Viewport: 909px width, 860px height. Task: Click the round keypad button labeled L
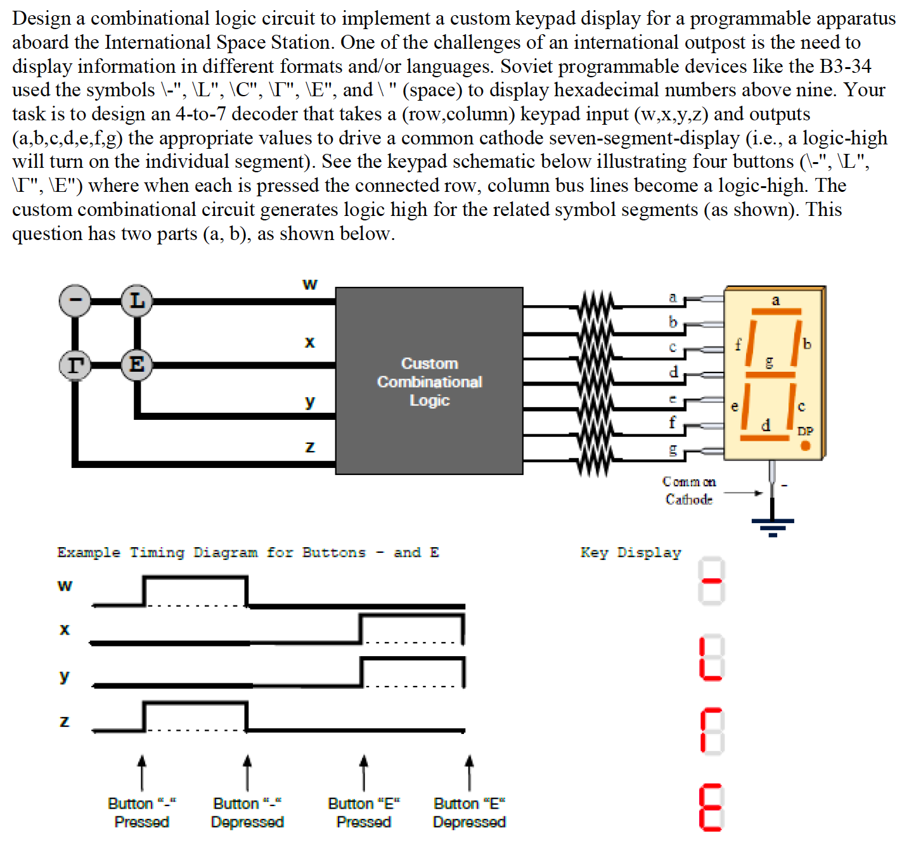pos(137,300)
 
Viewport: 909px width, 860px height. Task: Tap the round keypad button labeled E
pos(136,365)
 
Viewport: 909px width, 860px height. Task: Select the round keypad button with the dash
pos(75,300)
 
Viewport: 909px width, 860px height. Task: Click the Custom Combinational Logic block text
pos(429,381)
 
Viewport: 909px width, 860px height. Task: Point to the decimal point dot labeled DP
pos(806,445)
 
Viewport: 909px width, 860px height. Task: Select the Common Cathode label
pos(689,491)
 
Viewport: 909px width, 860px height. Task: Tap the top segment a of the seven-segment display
pos(776,311)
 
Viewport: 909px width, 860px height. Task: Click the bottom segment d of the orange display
pos(764,437)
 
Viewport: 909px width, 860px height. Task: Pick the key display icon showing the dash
pos(711,581)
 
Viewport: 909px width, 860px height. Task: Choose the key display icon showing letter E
pos(711,807)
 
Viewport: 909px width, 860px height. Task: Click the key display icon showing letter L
pos(711,659)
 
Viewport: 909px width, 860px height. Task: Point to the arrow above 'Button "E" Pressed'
pos(363,771)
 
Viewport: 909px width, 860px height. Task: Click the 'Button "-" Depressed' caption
pos(247,813)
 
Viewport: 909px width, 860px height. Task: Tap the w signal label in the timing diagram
pos(65,585)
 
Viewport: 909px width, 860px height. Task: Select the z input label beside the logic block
pos(309,447)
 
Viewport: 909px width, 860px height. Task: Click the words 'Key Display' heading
pos(630,552)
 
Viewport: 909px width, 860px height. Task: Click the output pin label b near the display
pos(673,322)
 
